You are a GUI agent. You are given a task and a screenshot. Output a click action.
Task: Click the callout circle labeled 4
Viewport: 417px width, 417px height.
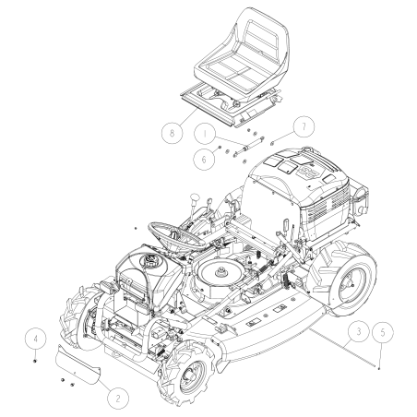pyautogui.click(x=32, y=338)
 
